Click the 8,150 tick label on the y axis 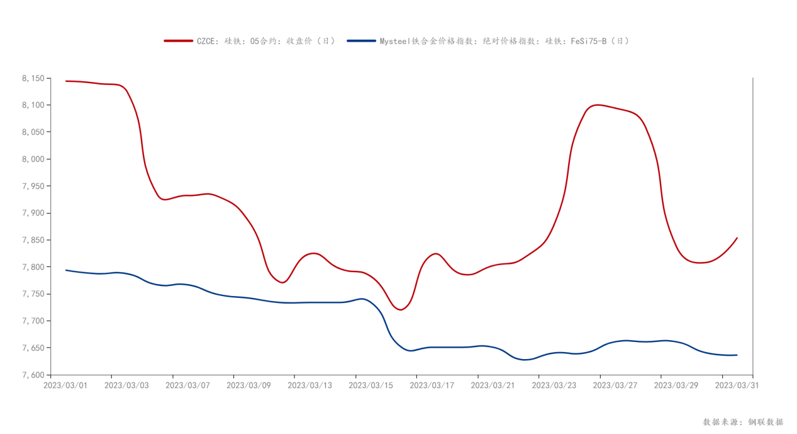(x=33, y=78)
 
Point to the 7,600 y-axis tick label (x=33, y=375)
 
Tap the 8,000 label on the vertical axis (x=33, y=159)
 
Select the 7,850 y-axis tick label (x=33, y=240)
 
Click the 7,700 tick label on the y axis (x=33, y=321)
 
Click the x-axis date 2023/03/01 (x=65, y=385)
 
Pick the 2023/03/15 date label (x=371, y=385)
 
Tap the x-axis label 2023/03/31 (x=737, y=385)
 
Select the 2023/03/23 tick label (x=554, y=385)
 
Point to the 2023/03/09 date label (x=248, y=385)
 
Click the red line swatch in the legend (x=178, y=41)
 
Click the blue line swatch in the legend (x=361, y=41)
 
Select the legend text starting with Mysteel (x=504, y=41)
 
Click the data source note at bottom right (x=743, y=422)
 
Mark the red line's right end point (x=737, y=238)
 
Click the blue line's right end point (x=737, y=355)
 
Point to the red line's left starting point (x=66, y=81)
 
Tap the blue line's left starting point (x=66, y=270)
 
